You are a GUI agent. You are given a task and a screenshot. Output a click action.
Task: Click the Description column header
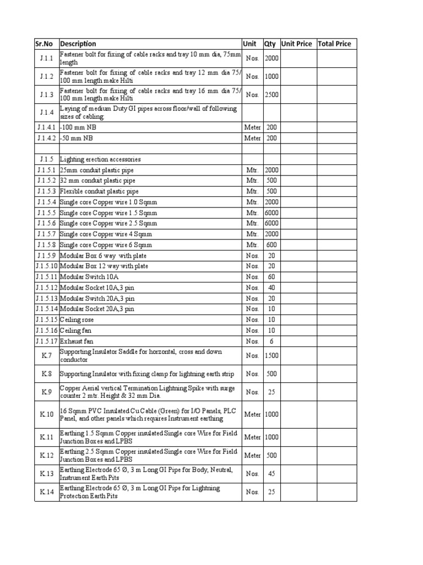(78, 44)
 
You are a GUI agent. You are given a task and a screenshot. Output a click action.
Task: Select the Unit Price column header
(296, 44)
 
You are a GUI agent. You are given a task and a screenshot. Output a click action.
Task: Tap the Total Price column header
(334, 44)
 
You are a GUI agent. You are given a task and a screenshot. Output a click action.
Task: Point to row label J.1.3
(47, 95)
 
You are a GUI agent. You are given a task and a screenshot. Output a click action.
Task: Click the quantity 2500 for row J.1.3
(272, 95)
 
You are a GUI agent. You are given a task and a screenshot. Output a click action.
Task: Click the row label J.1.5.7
(47, 234)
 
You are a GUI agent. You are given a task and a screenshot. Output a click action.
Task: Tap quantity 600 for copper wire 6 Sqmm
(272, 245)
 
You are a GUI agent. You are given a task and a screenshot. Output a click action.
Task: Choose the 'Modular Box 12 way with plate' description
(104, 266)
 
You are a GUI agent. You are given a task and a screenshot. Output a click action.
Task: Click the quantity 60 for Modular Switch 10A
(272, 277)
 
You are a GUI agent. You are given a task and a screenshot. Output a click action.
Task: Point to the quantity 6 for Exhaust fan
(272, 342)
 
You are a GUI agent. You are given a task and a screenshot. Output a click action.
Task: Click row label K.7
(47, 355)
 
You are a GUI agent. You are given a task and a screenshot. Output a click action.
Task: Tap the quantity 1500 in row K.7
(272, 356)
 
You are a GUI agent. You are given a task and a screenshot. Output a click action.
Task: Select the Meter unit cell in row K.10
(252, 414)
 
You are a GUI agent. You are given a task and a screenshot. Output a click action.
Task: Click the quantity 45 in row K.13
(272, 473)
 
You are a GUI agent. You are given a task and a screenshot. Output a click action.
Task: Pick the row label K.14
(47, 492)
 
